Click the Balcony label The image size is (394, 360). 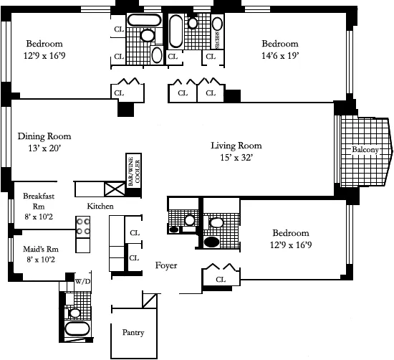[x=365, y=149]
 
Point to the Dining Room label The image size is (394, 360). [x=44, y=136]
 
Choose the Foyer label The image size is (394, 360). [x=166, y=265]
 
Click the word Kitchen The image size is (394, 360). [x=100, y=207]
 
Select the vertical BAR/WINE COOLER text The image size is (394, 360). [x=133, y=171]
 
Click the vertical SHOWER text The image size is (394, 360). [x=216, y=31]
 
